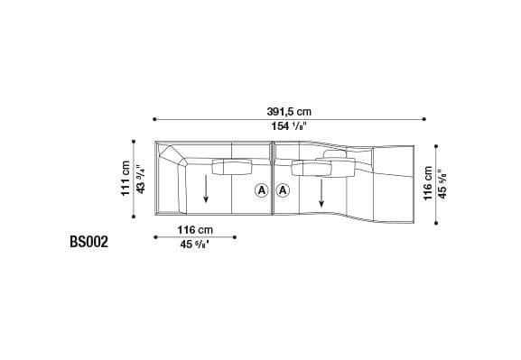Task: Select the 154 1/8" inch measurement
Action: point(289,127)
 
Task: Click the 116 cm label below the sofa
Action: point(195,229)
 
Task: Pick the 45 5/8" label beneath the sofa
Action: point(195,245)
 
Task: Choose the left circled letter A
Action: point(261,190)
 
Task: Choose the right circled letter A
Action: point(283,190)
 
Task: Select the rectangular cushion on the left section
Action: point(232,166)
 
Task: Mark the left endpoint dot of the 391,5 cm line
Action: point(154,118)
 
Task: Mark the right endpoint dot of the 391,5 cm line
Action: point(423,118)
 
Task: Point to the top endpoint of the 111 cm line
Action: point(134,141)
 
